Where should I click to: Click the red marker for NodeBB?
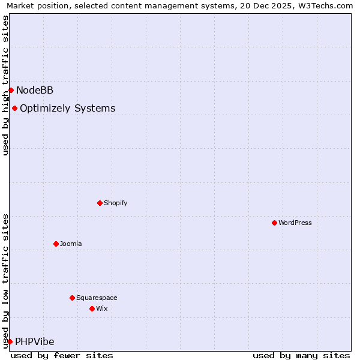(x=11, y=90)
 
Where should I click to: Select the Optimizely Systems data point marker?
(x=14, y=108)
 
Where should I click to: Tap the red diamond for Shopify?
(x=100, y=203)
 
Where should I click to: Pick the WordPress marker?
(x=274, y=223)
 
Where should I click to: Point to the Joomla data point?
(x=56, y=244)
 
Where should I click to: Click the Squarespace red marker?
(x=72, y=298)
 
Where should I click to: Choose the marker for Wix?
(x=92, y=308)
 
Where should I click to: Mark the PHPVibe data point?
(x=10, y=341)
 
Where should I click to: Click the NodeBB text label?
(x=35, y=90)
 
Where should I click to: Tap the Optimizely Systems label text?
(x=67, y=108)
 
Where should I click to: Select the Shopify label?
(x=116, y=203)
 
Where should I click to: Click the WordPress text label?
(x=295, y=223)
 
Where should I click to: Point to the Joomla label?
(x=71, y=244)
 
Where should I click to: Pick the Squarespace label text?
(x=97, y=298)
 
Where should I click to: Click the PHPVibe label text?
(x=34, y=341)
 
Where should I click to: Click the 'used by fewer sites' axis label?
(x=62, y=355)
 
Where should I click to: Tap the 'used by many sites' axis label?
(x=301, y=355)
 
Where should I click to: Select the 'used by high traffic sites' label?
(x=5, y=85)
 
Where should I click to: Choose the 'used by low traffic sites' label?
(x=5, y=280)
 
